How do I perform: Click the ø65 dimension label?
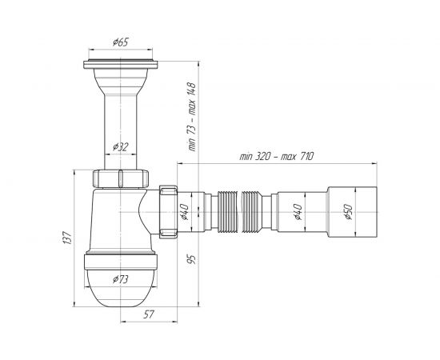click(120, 42)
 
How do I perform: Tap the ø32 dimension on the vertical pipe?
click(121, 146)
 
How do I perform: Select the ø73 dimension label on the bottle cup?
click(121, 279)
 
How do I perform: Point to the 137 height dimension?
click(67, 238)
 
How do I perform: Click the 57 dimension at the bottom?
click(149, 314)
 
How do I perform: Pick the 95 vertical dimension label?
click(192, 259)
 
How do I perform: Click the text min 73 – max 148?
click(192, 117)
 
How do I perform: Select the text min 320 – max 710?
click(277, 156)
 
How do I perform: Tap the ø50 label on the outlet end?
click(348, 212)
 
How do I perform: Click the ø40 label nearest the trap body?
click(184, 212)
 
